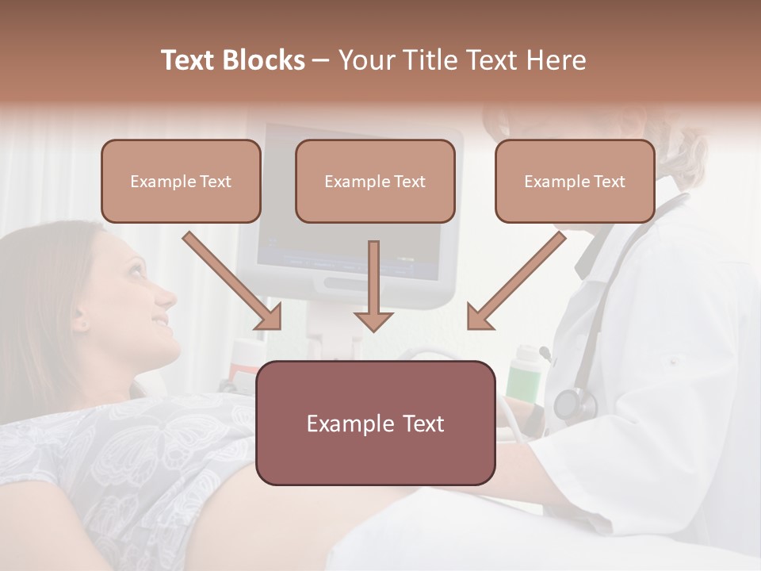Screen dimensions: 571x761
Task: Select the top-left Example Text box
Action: pyautogui.click(x=181, y=182)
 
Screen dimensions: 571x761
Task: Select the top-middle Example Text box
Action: pyautogui.click(x=375, y=182)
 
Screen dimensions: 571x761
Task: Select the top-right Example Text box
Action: pyautogui.click(x=575, y=182)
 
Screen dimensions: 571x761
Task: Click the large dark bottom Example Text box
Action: pyautogui.click(x=376, y=423)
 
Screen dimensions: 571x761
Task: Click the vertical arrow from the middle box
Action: pyautogui.click(x=373, y=285)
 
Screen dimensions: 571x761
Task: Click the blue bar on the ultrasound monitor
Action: pyautogui.click(x=349, y=261)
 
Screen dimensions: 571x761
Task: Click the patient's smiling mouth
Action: pyautogui.click(x=161, y=322)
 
